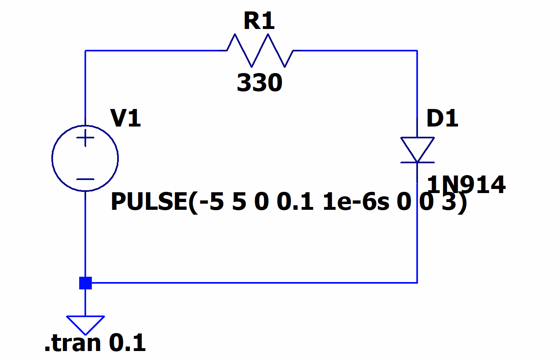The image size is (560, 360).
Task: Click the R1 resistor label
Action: click(259, 22)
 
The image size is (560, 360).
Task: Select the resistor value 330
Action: click(260, 84)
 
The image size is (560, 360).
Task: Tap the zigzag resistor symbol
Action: click(260, 51)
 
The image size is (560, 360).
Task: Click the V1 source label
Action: click(126, 119)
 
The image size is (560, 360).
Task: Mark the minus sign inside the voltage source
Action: click(85, 179)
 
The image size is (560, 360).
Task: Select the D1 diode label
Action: click(442, 119)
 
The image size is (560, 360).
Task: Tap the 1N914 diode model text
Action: click(466, 185)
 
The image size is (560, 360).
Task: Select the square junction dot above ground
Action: click(85, 282)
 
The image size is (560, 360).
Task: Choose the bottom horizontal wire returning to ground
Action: click(253, 282)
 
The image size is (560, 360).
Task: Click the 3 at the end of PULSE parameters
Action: click(448, 202)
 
